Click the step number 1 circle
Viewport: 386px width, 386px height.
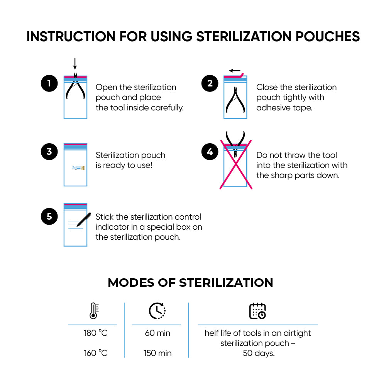[x=49, y=83]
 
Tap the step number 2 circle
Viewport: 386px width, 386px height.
[x=210, y=83]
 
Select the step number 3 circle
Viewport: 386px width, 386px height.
[x=49, y=152]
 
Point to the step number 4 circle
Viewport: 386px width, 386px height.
[x=210, y=152]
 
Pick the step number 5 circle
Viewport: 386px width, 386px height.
[x=49, y=217]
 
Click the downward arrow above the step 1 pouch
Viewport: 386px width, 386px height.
[x=75, y=64]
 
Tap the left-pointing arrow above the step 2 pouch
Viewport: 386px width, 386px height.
[x=235, y=71]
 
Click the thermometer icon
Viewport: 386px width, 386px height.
[x=94, y=311]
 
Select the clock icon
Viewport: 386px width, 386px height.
[x=157, y=311]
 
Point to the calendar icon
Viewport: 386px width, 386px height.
[x=257, y=311]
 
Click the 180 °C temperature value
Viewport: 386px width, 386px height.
[x=95, y=333]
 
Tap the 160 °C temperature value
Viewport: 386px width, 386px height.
[x=95, y=353]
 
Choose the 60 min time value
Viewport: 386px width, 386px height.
[x=157, y=333]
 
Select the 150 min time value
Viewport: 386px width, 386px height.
[x=157, y=353]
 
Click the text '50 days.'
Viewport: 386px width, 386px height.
[x=259, y=353]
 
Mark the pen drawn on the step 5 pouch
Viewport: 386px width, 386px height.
[x=84, y=220]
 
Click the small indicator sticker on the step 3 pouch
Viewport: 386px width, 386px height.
[x=78, y=168]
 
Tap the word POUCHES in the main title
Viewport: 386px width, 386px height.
[x=327, y=36]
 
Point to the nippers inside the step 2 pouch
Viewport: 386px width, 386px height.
[x=235, y=100]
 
